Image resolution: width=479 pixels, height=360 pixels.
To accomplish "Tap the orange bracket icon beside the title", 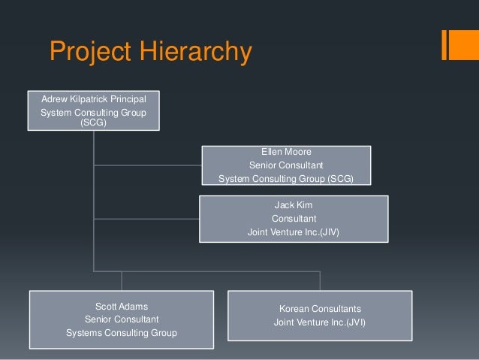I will pyautogui.click(x=456, y=44).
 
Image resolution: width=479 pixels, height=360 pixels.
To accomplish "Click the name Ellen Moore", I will pyautogui.click(x=286, y=152).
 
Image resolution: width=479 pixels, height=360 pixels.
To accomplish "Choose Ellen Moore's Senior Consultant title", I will pyautogui.click(x=285, y=165).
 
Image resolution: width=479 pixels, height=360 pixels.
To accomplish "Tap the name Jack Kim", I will pyautogui.click(x=294, y=204).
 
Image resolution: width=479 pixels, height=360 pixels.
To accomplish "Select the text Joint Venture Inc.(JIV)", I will pyautogui.click(x=294, y=232).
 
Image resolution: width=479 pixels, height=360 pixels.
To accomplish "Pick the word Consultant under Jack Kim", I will pyautogui.click(x=294, y=219).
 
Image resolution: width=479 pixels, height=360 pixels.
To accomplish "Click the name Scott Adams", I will pyautogui.click(x=122, y=306).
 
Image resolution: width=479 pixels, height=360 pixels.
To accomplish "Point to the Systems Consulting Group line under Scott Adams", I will pyautogui.click(x=122, y=333).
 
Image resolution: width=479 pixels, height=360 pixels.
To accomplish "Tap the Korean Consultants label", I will pyautogui.click(x=320, y=309).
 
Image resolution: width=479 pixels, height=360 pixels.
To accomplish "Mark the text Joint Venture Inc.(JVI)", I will pyautogui.click(x=320, y=323).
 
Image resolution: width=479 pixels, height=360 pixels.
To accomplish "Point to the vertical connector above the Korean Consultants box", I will pyautogui.click(x=320, y=280).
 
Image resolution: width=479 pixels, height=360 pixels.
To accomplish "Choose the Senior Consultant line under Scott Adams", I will pyautogui.click(x=122, y=319).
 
